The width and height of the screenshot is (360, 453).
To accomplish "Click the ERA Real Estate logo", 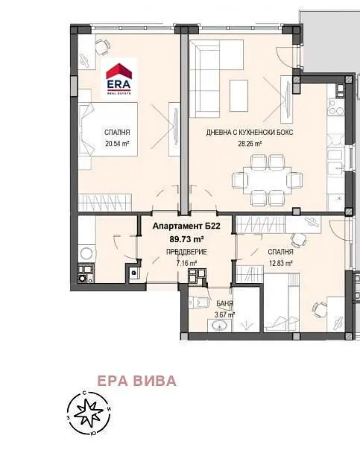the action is [x=119, y=79].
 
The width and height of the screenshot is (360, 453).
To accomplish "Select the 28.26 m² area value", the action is [x=250, y=143].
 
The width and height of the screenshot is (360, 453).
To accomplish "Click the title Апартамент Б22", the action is [x=186, y=226].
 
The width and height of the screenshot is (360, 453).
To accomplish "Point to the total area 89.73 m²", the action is [x=186, y=239].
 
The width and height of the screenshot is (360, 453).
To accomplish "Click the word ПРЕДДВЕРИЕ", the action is [x=186, y=252].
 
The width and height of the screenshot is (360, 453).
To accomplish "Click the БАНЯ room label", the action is [x=224, y=304].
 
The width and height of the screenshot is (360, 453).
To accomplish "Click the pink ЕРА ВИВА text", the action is [x=137, y=381].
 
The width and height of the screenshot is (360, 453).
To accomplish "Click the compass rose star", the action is [x=88, y=412].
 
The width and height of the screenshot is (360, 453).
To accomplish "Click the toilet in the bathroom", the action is [x=199, y=302].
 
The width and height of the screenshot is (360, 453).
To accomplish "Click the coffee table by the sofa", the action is [x=239, y=95].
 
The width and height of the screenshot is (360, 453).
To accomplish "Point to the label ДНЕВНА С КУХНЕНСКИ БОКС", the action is [x=250, y=133].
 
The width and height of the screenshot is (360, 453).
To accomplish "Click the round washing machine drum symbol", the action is [x=86, y=253].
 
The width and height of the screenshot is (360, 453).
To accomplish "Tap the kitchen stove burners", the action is [x=336, y=107].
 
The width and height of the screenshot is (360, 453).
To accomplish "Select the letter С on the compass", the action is [x=84, y=393].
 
